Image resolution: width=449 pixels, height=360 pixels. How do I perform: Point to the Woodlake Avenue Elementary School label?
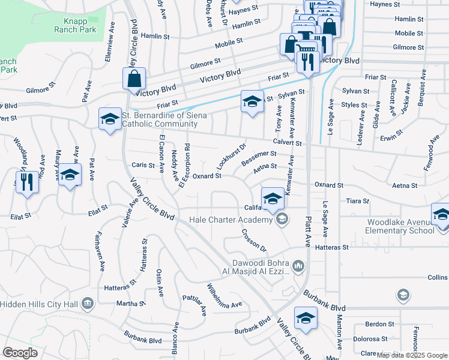[400, 226]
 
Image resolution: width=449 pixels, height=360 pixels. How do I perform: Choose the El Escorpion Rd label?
[184, 164]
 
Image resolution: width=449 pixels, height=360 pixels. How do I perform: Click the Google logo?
[20, 353]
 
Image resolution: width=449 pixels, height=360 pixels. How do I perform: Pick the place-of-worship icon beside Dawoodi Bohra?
[298, 265]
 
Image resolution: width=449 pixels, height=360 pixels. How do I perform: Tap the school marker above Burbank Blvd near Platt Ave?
[306, 318]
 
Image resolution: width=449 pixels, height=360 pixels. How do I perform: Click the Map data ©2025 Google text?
[412, 355]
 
